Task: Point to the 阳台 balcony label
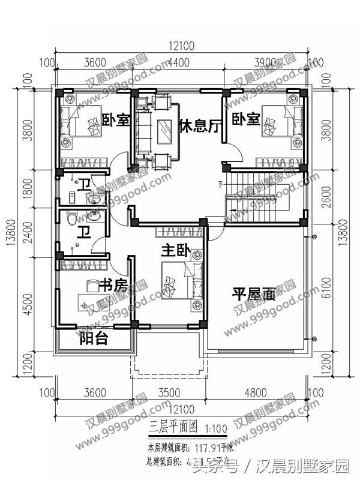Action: click(94, 339)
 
